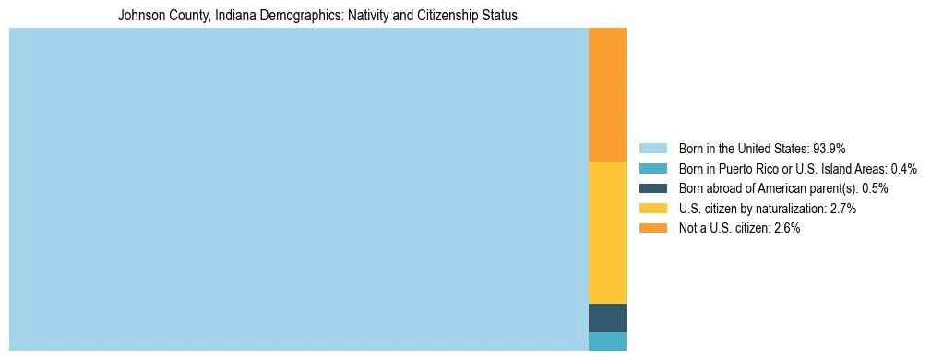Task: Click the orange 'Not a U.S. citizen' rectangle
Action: click(607, 95)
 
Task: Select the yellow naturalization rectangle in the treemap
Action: click(607, 233)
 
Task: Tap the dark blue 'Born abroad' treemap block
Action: click(607, 318)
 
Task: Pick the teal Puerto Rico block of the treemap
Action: click(607, 341)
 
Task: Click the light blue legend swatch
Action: click(652, 149)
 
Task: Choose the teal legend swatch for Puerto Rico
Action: click(652, 169)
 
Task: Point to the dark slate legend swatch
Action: click(652, 188)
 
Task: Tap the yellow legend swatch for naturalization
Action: click(652, 209)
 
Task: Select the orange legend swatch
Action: click(652, 229)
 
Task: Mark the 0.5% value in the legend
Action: click(875, 188)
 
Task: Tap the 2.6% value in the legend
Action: click(787, 229)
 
